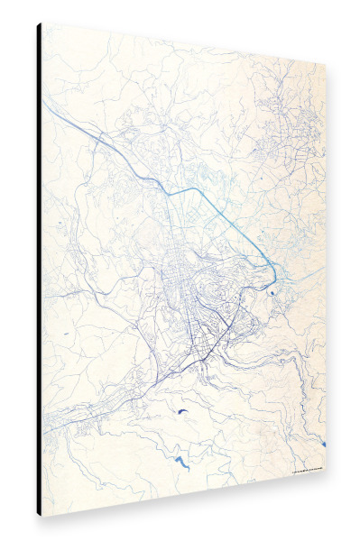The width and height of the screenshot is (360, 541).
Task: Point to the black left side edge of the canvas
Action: pos(40,270)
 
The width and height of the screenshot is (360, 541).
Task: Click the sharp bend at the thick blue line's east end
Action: pos(272,262)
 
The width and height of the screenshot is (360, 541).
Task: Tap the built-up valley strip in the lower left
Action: pos(81,415)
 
